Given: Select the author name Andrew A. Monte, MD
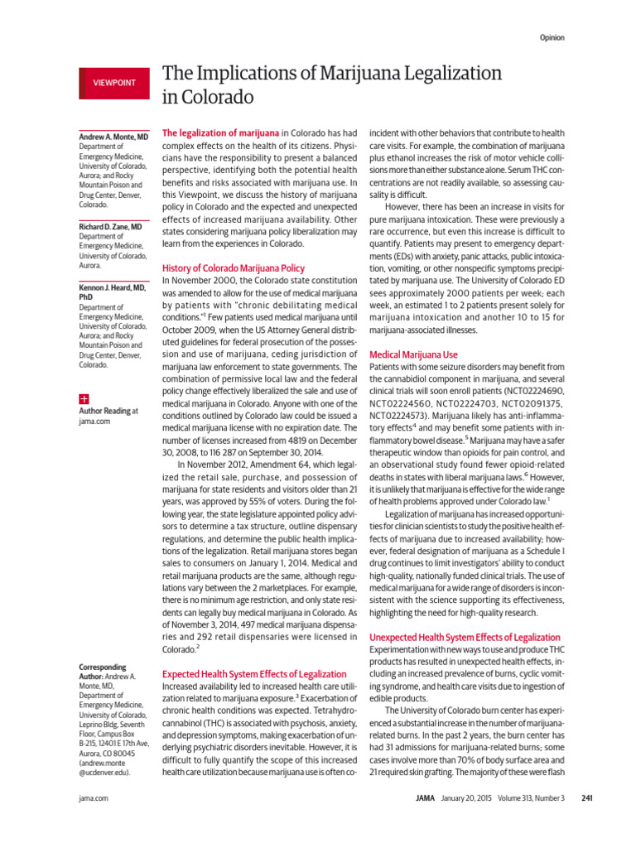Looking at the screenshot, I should click(x=113, y=135).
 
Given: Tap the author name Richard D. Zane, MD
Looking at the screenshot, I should click(x=110, y=226).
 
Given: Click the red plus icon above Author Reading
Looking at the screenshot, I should click(x=83, y=398).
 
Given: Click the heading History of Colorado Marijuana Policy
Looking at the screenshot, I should click(x=233, y=268).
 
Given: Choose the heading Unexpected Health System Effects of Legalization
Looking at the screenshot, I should click(x=464, y=637).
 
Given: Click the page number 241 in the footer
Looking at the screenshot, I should click(x=587, y=798).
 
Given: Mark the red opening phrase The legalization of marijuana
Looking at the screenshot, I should click(x=219, y=132).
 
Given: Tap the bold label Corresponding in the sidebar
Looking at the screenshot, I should click(x=102, y=667).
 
